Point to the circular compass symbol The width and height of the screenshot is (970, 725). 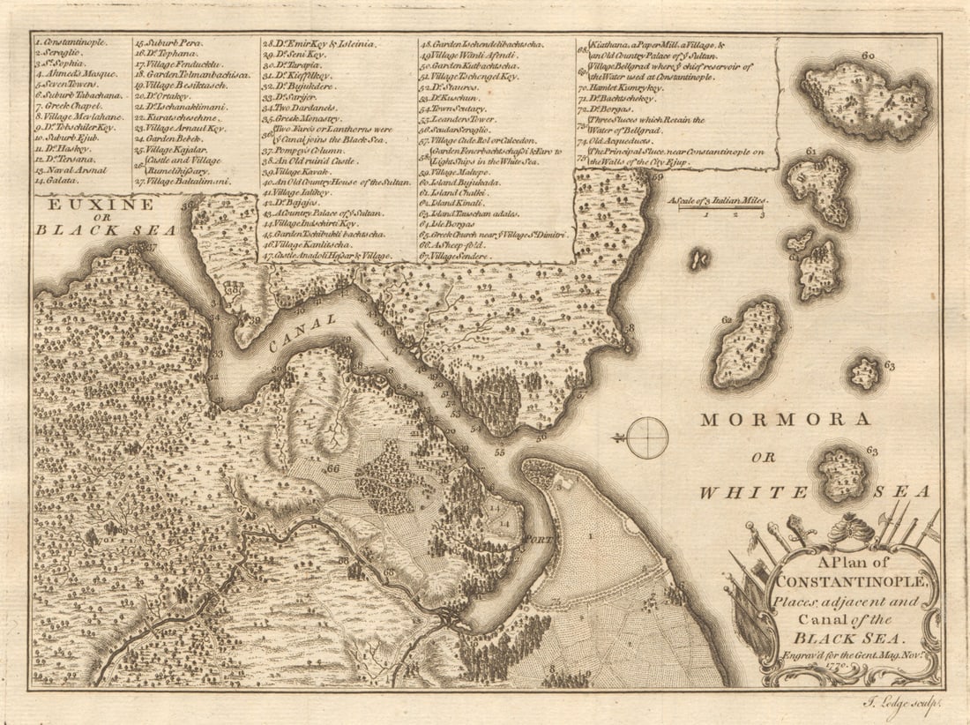[x=647, y=438]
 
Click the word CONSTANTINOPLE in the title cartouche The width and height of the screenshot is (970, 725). [x=844, y=582]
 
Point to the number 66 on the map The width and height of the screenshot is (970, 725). [x=333, y=468]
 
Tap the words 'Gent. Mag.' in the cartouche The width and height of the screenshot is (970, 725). [x=872, y=654]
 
